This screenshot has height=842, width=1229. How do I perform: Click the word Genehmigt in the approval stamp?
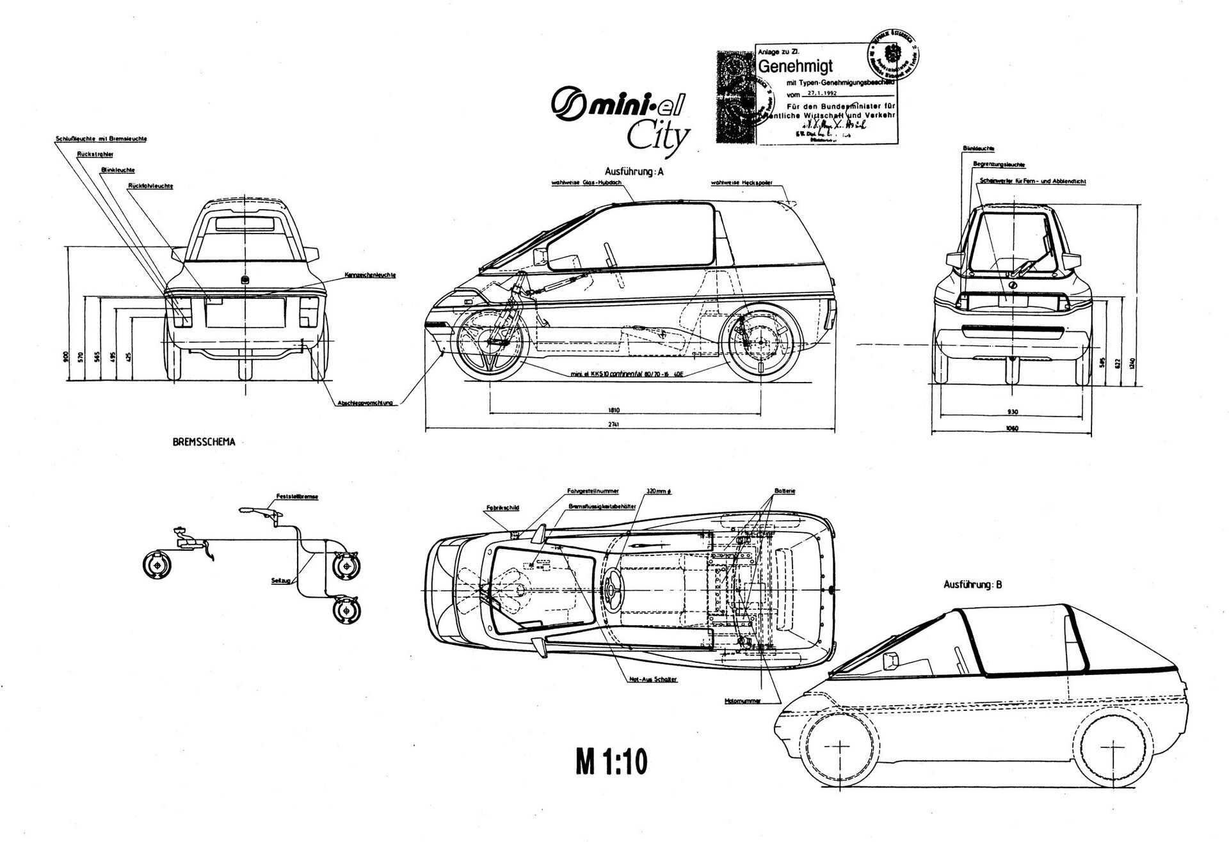[x=794, y=66]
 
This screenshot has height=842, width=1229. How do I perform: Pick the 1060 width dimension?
[x=1011, y=428]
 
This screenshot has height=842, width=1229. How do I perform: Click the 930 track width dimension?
[x=1011, y=411]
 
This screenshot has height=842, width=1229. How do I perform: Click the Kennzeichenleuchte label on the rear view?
[x=371, y=275]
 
